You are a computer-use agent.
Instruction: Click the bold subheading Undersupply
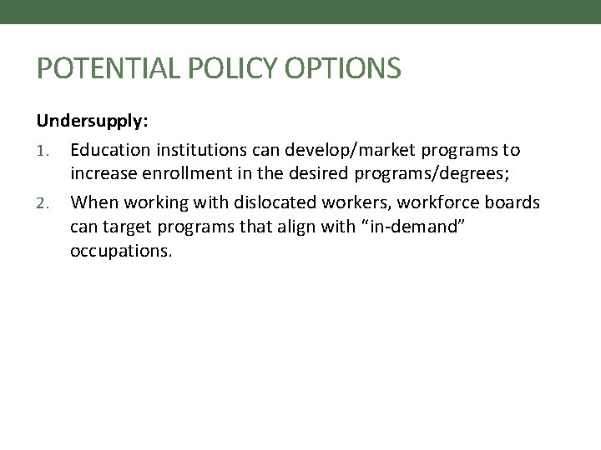coord(92,122)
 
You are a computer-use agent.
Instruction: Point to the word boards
coord(513,202)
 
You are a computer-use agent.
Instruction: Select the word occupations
coord(121,251)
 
